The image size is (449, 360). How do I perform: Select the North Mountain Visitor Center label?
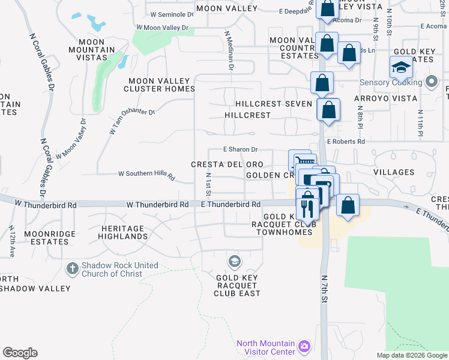pos(265,347)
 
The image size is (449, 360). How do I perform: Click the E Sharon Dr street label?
pos(240,149)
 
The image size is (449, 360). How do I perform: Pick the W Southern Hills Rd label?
pos(146,175)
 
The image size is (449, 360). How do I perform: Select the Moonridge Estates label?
pos(46,237)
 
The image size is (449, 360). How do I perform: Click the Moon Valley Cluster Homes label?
pos(159,85)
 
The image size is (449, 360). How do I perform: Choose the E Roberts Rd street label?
pos(345,142)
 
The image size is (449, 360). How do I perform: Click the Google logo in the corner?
pos(20,353)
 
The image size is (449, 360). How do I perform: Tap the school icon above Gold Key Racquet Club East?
pos(234,262)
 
